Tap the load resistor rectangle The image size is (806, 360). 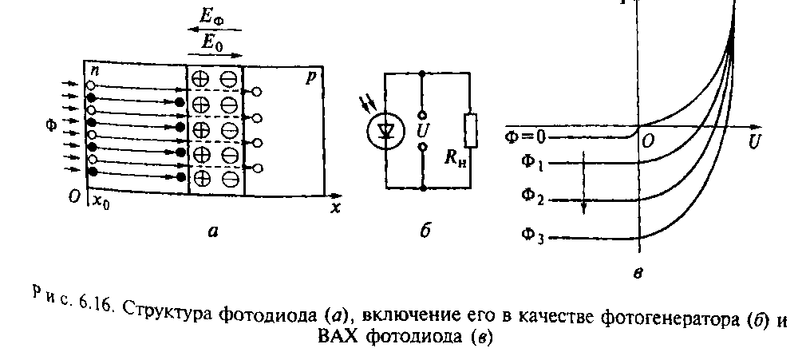click(472, 131)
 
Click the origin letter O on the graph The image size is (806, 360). click(648, 141)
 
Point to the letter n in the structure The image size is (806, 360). click(93, 72)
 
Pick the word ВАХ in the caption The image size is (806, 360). click(338, 334)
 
